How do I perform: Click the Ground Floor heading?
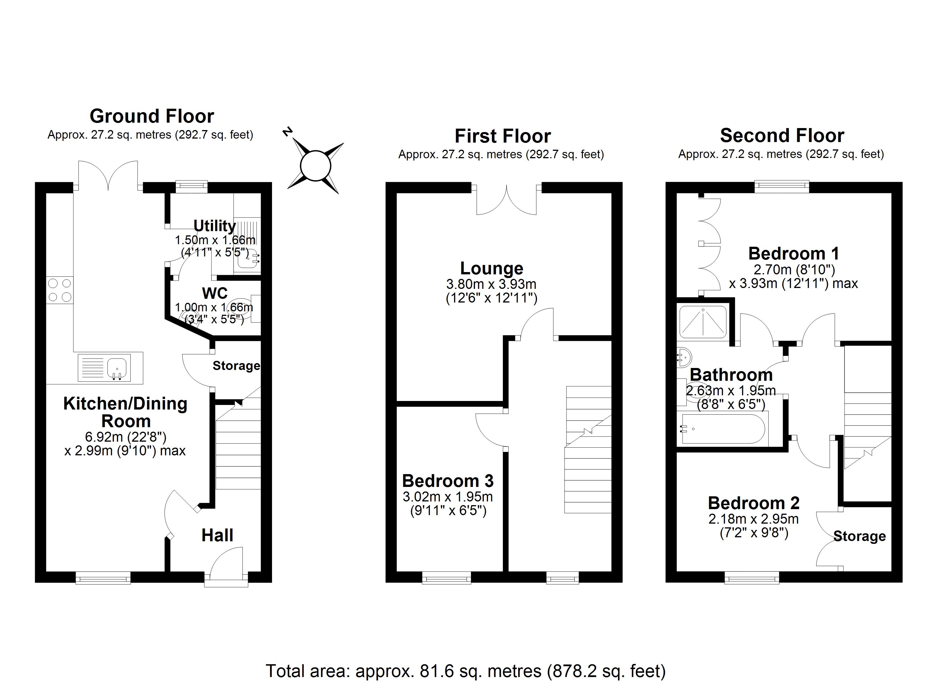(x=152, y=116)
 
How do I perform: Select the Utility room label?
(x=215, y=226)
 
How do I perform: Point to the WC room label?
(x=215, y=293)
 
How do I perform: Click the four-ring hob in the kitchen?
(x=60, y=290)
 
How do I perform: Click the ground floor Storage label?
(x=236, y=366)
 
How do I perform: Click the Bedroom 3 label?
(x=448, y=481)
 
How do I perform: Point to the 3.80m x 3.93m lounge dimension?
(x=491, y=284)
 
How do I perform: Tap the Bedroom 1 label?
(x=793, y=254)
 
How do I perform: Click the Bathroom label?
(x=731, y=375)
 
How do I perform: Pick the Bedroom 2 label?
(x=753, y=503)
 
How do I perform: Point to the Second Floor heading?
(x=782, y=135)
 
